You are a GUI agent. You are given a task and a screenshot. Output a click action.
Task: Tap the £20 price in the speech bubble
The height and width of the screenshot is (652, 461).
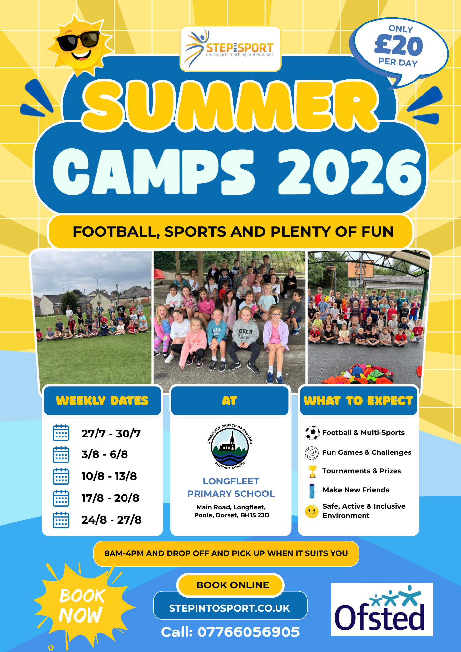tap(398, 45)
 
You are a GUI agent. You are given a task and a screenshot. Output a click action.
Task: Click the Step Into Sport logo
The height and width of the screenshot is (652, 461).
tap(230, 49)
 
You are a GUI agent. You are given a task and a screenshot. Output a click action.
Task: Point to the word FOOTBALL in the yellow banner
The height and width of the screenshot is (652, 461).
tap(116, 232)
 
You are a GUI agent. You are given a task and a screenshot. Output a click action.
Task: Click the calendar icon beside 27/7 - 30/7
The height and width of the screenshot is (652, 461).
tap(61, 433)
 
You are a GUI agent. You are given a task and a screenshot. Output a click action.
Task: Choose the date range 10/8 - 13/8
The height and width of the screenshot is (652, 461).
tap(109, 476)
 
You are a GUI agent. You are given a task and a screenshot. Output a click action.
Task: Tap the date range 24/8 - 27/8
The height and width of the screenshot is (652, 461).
tap(112, 520)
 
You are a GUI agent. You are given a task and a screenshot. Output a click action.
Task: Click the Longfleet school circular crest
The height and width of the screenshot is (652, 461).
tap(230, 447)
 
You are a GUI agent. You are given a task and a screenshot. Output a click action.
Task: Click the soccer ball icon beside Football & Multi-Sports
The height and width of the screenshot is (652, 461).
tap(312, 433)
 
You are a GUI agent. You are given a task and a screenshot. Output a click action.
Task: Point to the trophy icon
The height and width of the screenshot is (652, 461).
tap(312, 471)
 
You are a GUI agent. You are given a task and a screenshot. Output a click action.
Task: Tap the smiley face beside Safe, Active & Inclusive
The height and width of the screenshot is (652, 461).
tap(312, 511)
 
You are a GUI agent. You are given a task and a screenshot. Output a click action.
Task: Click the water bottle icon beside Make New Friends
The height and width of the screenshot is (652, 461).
tap(312, 491)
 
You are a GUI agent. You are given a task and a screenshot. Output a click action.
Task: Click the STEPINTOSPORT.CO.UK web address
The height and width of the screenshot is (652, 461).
tap(230, 608)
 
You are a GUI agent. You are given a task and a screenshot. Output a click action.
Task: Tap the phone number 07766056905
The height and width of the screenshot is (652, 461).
tap(248, 632)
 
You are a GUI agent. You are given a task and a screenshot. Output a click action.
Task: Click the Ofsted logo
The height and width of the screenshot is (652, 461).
tap(382, 609)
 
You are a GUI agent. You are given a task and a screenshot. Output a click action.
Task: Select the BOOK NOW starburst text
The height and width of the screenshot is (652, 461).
tap(82, 606)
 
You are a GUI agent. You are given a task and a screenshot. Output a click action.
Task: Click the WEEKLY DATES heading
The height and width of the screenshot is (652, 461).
tap(102, 401)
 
